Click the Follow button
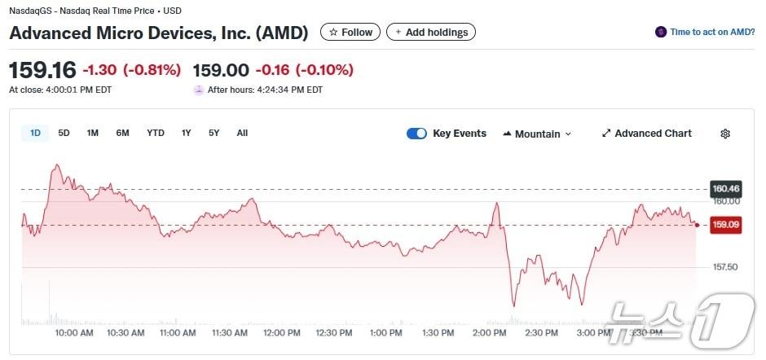350,33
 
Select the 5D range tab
64,133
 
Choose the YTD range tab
156,133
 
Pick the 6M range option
122,133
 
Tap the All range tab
242,133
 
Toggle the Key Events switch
416,134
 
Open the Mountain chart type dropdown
537,134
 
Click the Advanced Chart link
646,134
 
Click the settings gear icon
725,134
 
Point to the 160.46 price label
725,189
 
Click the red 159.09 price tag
725,225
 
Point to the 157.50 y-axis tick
725,267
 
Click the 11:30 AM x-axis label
230,333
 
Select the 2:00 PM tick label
489,333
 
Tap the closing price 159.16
42,70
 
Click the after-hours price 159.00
220,70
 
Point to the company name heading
159,33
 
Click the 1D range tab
36,133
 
